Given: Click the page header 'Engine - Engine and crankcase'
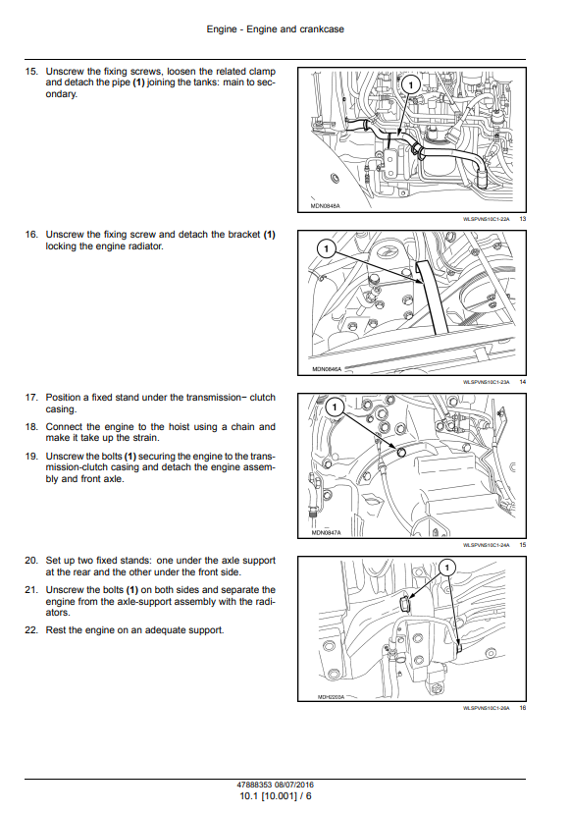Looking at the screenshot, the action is [275, 29].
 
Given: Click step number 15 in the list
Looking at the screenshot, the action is [31, 72].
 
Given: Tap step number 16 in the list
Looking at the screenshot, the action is [31, 235].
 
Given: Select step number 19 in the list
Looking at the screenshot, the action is [31, 457].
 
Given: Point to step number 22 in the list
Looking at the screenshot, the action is [31, 630].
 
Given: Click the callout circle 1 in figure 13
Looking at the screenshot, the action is [410, 85].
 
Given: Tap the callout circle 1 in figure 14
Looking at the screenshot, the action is [326, 248].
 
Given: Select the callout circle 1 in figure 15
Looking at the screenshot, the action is [336, 407].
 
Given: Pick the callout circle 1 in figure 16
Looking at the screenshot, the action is [447, 568].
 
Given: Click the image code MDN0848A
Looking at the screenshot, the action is [325, 206].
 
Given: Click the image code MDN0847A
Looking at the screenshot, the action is [327, 532].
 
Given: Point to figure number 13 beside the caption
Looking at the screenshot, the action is [523, 219].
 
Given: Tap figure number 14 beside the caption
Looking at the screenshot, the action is [523, 382].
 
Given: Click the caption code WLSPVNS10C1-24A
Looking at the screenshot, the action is [487, 545].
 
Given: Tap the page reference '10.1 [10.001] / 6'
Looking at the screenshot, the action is [276, 795].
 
